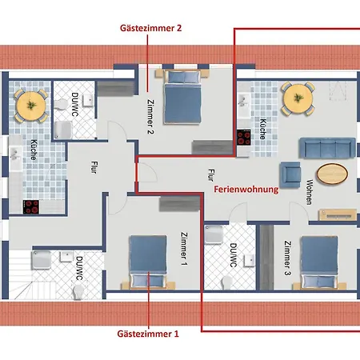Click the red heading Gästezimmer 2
point(150,28)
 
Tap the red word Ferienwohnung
point(246,190)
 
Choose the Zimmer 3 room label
point(287,257)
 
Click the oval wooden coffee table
point(333,174)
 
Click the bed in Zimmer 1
point(146,260)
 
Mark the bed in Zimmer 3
point(321,262)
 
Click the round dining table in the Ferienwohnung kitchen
point(298,98)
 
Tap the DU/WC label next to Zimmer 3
point(233,255)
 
